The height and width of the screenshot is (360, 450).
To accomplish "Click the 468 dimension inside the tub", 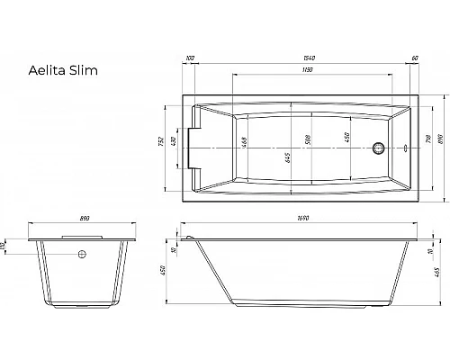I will coord(245,141).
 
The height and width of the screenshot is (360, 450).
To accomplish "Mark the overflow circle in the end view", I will coord(83,255).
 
